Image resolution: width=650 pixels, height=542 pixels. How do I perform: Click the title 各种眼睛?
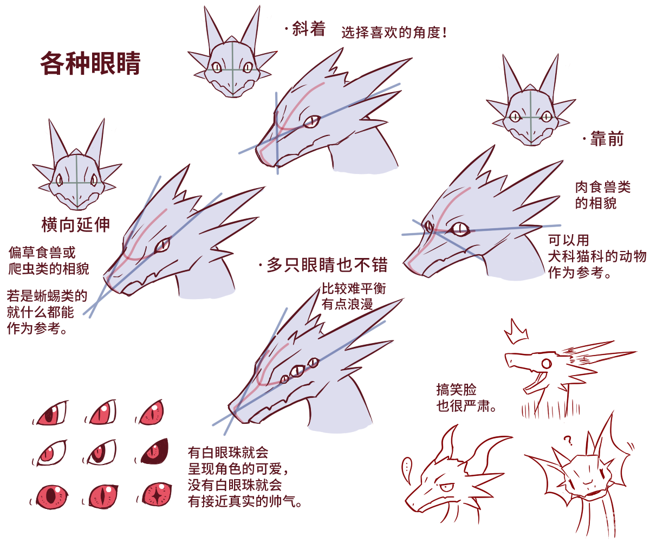(90, 64)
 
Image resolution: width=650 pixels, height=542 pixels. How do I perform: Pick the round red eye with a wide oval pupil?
(53, 495)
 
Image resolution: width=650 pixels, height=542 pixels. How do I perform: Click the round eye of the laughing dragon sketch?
(546, 363)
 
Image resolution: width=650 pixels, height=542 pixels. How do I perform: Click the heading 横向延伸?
(75, 224)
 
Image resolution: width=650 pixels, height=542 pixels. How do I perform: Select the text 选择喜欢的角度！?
(394, 33)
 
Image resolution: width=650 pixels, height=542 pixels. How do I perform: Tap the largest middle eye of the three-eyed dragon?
(297, 371)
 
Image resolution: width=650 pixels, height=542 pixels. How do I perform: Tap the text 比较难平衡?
(353, 289)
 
